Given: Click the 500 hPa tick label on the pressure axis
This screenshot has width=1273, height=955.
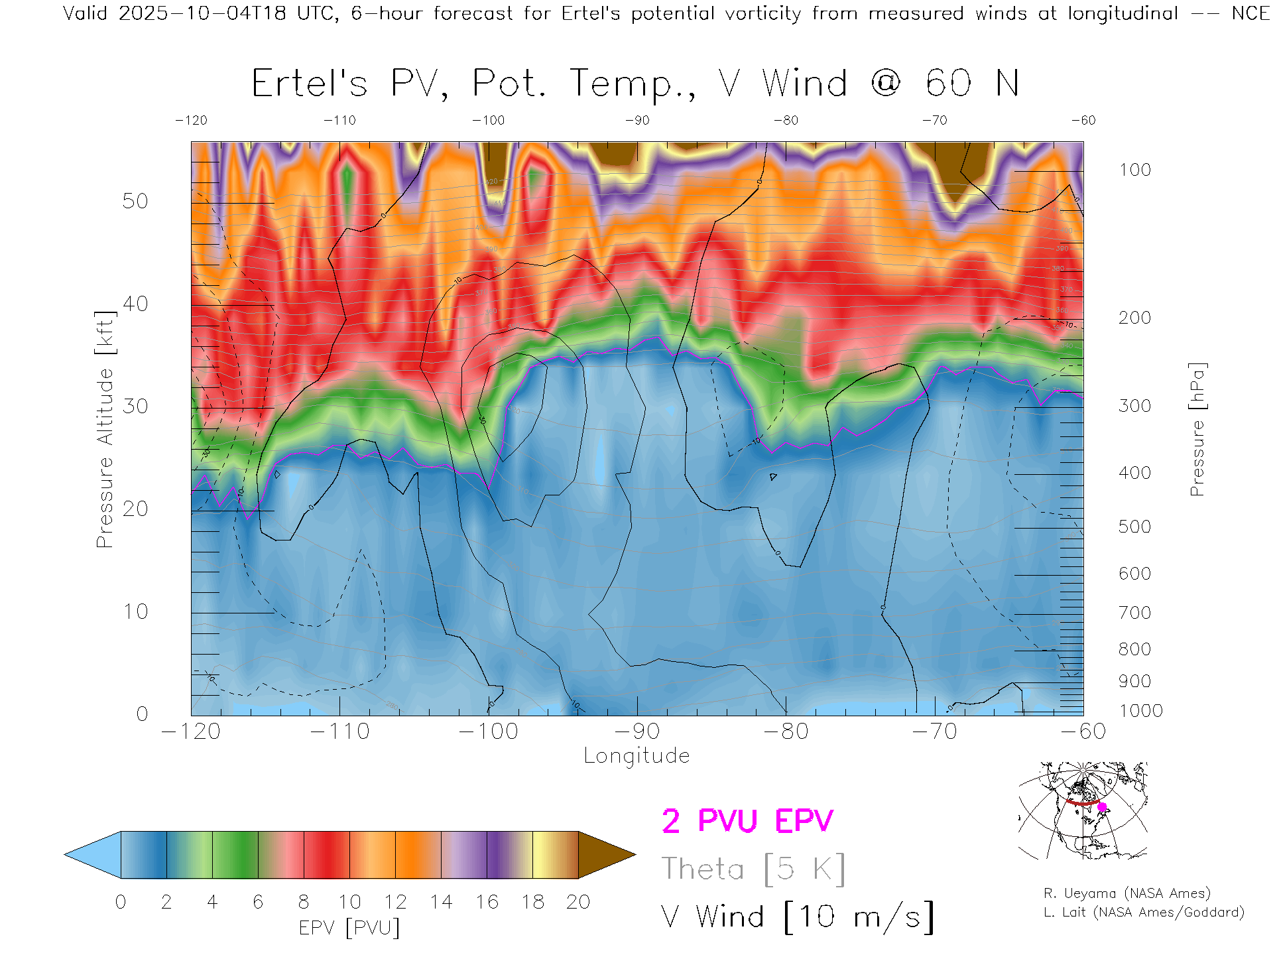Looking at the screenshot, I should point(1134,527).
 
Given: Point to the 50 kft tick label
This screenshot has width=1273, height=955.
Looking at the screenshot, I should point(135,201).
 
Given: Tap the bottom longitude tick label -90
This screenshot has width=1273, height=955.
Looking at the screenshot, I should point(636,732).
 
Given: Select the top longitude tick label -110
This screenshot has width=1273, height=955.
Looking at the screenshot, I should point(339,120).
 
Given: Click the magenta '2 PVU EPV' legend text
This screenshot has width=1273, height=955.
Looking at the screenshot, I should point(747,821).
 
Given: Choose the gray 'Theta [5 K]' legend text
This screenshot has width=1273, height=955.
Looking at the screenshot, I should point(753,869).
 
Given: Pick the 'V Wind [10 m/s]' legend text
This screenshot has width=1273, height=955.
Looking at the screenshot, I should point(797,917).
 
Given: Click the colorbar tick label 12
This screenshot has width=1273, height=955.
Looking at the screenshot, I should point(395,902).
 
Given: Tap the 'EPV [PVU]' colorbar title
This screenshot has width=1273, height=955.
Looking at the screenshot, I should point(349,928).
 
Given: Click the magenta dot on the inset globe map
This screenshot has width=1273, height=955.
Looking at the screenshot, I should point(1103,807).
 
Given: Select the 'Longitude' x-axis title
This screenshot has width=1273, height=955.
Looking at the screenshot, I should point(636,756).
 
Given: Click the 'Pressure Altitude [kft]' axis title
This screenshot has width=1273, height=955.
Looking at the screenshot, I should point(105,429).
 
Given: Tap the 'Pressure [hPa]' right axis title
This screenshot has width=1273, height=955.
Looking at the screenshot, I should point(1197,429).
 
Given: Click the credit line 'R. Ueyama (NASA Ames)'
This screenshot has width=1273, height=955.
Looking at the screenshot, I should point(1126,893).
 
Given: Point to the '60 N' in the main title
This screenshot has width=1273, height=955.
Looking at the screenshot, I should point(972,84).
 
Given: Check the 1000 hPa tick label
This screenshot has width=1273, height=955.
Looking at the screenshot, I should point(1140,711).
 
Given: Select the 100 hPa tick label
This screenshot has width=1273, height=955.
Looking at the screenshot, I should point(1134,170).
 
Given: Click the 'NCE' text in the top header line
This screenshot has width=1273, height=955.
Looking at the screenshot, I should point(1250,13).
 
